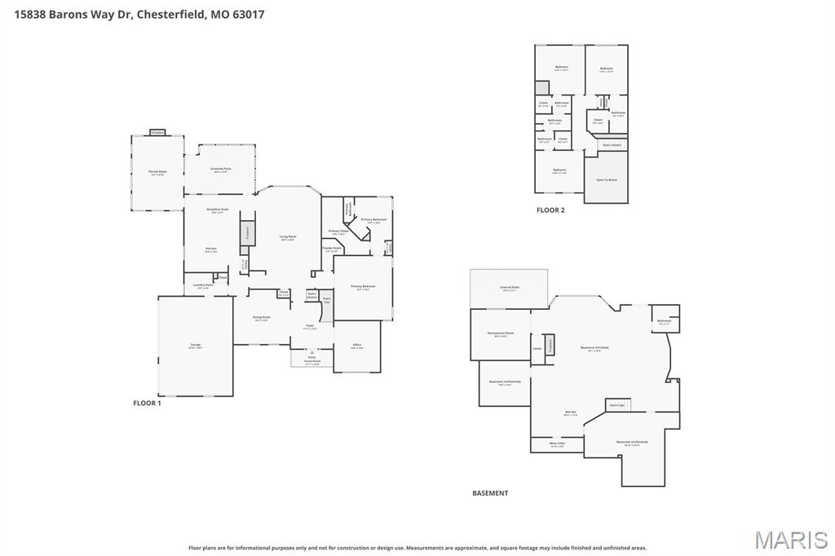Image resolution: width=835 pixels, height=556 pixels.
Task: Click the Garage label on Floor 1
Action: coord(196,346)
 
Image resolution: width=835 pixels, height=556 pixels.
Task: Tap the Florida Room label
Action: coord(157,173)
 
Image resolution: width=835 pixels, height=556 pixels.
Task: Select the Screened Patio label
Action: coord(221,170)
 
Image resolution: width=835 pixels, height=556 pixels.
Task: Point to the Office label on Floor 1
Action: coord(357,346)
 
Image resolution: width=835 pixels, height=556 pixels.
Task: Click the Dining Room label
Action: coord(261,317)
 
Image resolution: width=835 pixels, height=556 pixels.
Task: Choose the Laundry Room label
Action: coord(203,285)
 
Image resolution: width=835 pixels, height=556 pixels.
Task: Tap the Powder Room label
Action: coord(333,249)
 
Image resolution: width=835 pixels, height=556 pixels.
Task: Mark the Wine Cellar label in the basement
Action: coord(557,444)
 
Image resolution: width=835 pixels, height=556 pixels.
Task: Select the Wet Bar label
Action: coord(569,413)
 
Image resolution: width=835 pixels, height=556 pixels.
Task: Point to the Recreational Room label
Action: coord(501,333)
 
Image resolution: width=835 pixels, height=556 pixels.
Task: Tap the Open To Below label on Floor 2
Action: coord(606,179)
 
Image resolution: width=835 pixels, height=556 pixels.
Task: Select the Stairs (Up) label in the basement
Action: coord(616,404)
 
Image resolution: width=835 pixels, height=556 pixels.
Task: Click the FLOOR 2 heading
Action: coord(550,210)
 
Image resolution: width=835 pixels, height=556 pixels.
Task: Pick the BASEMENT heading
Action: coord(490,493)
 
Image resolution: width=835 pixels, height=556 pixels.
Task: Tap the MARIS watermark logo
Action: coord(790,540)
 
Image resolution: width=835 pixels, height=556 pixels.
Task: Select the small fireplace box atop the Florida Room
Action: coord(157,132)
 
